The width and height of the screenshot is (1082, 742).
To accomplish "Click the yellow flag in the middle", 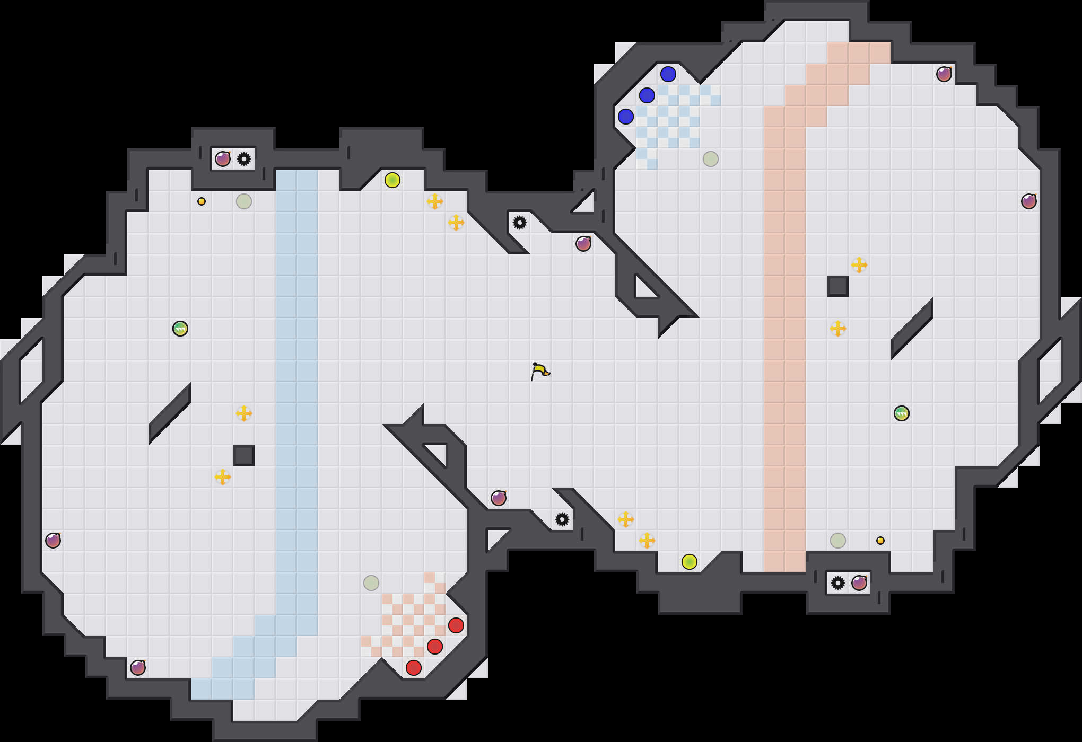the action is pyautogui.click(x=540, y=371).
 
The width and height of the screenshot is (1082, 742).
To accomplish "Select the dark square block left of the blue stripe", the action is pyautogui.click(x=244, y=456).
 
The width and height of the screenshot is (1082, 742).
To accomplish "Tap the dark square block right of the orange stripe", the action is pyautogui.click(x=838, y=286).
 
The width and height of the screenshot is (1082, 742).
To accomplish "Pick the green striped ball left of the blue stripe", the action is pyautogui.click(x=180, y=329).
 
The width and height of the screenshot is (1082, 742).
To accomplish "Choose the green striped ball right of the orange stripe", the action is pyautogui.click(x=902, y=413).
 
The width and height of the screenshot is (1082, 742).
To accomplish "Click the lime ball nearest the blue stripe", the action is pyautogui.click(x=392, y=180).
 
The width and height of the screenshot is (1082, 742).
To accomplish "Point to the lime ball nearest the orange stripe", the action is pyautogui.click(x=690, y=562).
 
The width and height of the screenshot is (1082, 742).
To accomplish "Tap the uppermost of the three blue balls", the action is pyautogui.click(x=668, y=74).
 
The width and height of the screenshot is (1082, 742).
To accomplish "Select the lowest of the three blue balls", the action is pyautogui.click(x=626, y=117).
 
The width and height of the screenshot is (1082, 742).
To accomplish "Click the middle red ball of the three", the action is pyautogui.click(x=435, y=647).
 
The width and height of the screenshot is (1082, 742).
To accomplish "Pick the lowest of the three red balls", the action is pyautogui.click(x=414, y=668).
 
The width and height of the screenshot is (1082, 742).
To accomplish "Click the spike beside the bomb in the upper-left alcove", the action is pyautogui.click(x=244, y=159).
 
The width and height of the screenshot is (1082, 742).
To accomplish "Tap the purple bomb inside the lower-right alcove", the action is pyautogui.click(x=859, y=583).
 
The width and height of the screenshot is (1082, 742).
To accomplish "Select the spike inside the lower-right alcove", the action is pyautogui.click(x=838, y=583).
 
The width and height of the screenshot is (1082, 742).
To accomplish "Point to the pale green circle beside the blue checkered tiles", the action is pyautogui.click(x=711, y=159).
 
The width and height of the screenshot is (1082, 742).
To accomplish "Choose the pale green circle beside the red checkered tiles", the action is pyautogui.click(x=371, y=583).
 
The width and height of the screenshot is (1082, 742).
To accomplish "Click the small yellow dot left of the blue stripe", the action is pyautogui.click(x=202, y=201).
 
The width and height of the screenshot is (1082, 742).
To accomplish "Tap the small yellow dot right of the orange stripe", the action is pyautogui.click(x=880, y=541).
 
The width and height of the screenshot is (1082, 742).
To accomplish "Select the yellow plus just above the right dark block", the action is pyautogui.click(x=859, y=265).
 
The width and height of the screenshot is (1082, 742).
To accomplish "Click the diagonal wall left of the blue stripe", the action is pyautogui.click(x=170, y=413).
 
